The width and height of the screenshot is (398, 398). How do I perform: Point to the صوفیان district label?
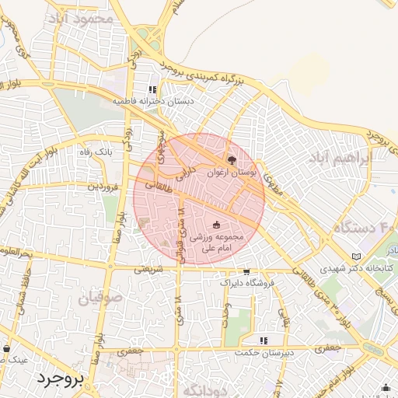coord(99,296)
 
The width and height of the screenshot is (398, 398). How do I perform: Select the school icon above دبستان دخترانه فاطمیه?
coord(152,89)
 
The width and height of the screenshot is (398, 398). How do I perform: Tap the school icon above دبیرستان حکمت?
coord(264,340)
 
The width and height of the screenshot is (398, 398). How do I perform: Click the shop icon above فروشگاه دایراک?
coord(246,272)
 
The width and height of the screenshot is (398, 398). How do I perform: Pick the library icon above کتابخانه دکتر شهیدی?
coord(357,257)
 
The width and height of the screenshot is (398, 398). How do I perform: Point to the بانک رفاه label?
coord(96,152)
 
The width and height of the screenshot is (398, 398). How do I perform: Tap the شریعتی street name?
coord(148,271)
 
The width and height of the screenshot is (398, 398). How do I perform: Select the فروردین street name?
coord(103,187)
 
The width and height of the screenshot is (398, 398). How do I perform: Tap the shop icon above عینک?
coord(7,349)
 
